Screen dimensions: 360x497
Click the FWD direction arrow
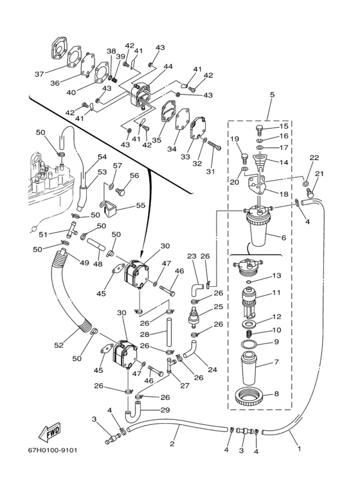49,432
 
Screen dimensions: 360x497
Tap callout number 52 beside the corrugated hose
59,345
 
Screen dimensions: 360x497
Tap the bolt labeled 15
260,130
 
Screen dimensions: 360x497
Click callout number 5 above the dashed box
272,95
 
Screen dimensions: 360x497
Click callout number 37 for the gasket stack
39,74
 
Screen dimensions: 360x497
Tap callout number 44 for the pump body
168,67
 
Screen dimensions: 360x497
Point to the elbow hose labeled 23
195,288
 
